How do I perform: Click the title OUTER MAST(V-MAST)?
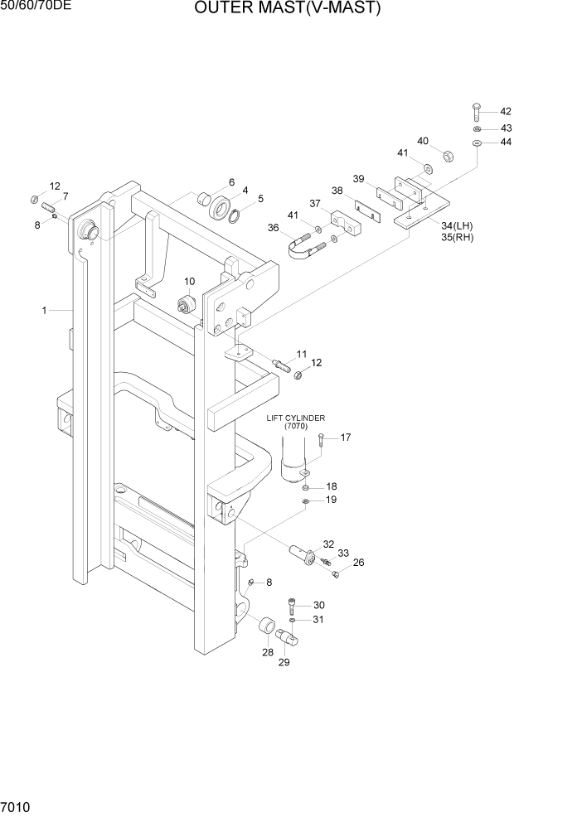coord(288,9)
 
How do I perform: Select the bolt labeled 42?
coord(478,114)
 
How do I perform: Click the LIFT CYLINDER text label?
coord(295,418)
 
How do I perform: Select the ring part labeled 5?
coord(235,215)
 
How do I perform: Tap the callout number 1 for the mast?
coord(43,311)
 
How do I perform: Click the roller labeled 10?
coord(187,303)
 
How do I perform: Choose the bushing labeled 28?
coord(268,627)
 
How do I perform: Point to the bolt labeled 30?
coord(293,606)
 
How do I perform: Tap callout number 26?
coord(358,563)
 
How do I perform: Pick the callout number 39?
coord(358,179)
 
